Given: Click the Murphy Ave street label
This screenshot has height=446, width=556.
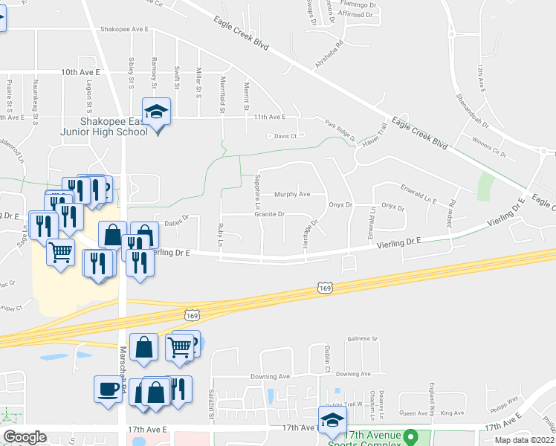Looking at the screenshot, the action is coord(291,194).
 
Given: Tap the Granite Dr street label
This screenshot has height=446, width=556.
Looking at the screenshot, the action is coord(270,214).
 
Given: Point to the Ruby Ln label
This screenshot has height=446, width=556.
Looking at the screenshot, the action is coord(221,233).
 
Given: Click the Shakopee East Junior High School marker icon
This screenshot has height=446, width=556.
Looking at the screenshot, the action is coord(157,112).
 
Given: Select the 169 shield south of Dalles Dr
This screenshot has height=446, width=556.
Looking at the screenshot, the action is coord(192,316).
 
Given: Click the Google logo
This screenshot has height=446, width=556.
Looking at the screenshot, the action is coord(25,437).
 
